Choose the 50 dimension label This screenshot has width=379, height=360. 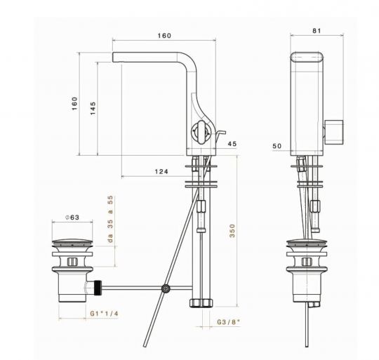coord(276,146)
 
